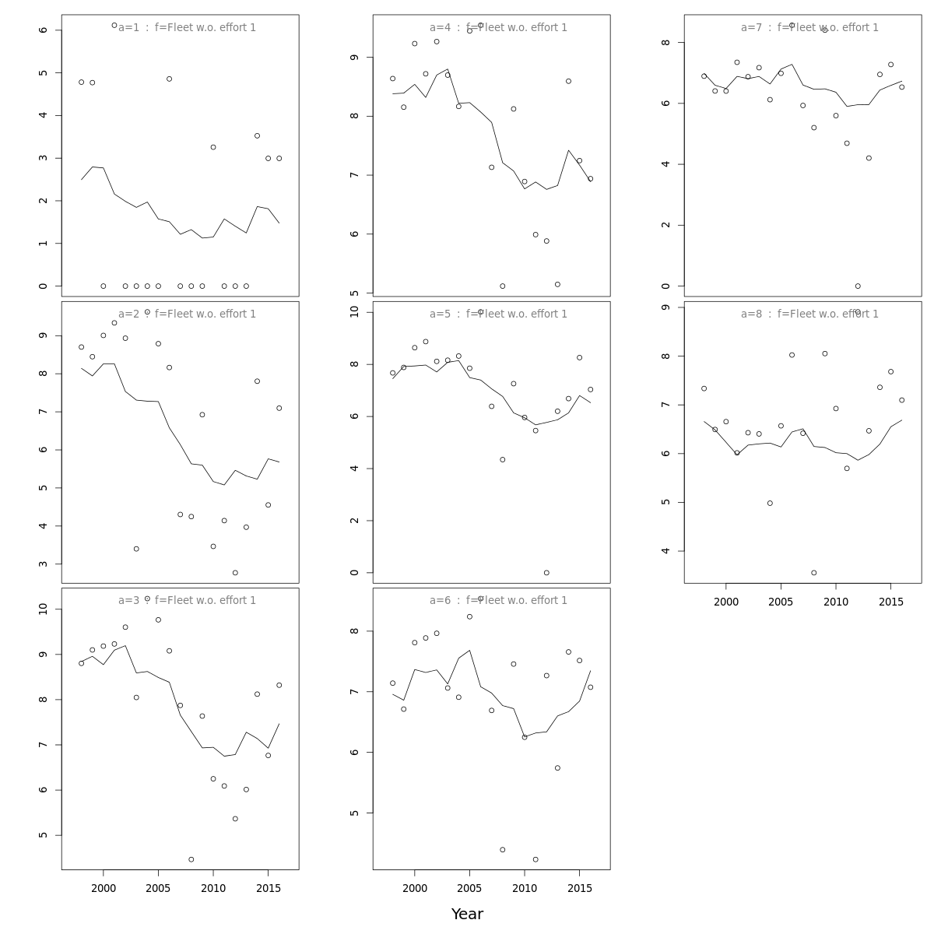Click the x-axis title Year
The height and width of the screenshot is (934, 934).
tap(467, 915)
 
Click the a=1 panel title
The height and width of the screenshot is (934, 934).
tap(187, 28)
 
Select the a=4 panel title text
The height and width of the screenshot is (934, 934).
tap(498, 28)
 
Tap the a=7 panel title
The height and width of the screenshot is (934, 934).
tap(809, 28)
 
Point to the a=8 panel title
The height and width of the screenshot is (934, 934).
tap(809, 314)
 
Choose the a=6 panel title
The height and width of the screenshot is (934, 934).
tap(498, 601)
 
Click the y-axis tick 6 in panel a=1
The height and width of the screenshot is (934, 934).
tap(43, 30)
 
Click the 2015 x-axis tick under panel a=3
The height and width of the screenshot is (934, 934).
tap(269, 888)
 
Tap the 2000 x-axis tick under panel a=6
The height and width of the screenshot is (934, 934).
tap(415, 888)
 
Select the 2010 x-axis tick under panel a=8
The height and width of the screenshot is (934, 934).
tap(836, 602)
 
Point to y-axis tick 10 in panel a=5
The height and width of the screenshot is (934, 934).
tap(354, 312)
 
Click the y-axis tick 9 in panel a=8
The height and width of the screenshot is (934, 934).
tap(665, 307)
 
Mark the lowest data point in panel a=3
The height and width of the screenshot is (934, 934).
tap(191, 859)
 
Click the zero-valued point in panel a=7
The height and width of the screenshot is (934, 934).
tap(858, 286)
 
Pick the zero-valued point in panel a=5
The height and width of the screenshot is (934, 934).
tap(546, 573)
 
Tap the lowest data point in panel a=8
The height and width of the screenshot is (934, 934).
tap(814, 573)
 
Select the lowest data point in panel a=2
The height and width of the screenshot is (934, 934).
tap(235, 573)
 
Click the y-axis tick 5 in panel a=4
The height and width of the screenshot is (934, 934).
tap(354, 293)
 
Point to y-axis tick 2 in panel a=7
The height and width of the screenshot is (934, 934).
tap(665, 225)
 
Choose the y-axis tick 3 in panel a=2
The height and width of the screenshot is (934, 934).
tap(43, 564)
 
